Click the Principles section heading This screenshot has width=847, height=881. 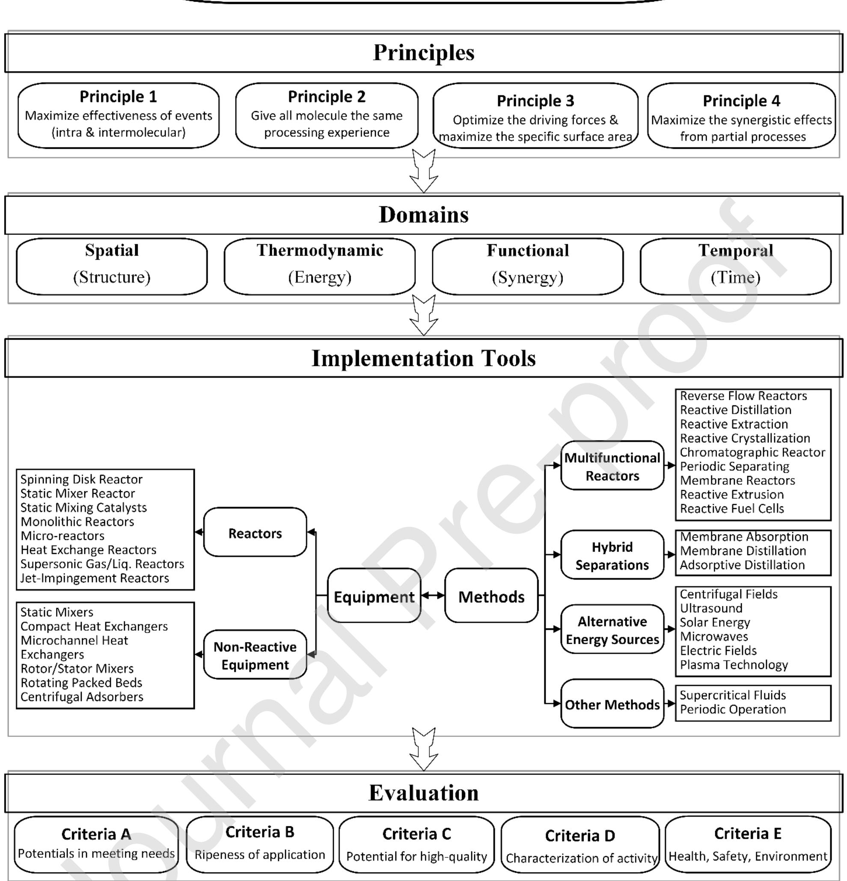(x=423, y=53)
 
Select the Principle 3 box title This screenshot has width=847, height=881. (x=535, y=101)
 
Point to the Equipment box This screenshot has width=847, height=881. (x=374, y=597)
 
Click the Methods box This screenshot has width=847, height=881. (x=491, y=597)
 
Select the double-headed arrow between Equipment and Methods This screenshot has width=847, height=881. (x=433, y=596)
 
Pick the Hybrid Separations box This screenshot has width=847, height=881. (x=612, y=556)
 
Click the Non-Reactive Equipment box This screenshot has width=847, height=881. (x=255, y=655)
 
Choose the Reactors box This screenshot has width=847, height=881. (x=255, y=533)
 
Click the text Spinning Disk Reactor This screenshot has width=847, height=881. (x=81, y=479)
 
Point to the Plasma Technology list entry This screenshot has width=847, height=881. (x=734, y=665)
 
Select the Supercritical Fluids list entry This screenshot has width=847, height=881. (x=733, y=695)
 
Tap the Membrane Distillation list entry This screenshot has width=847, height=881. (x=743, y=551)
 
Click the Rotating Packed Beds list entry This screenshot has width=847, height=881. (x=81, y=683)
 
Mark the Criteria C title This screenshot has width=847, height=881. (x=416, y=834)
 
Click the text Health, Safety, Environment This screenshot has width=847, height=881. (x=748, y=856)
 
